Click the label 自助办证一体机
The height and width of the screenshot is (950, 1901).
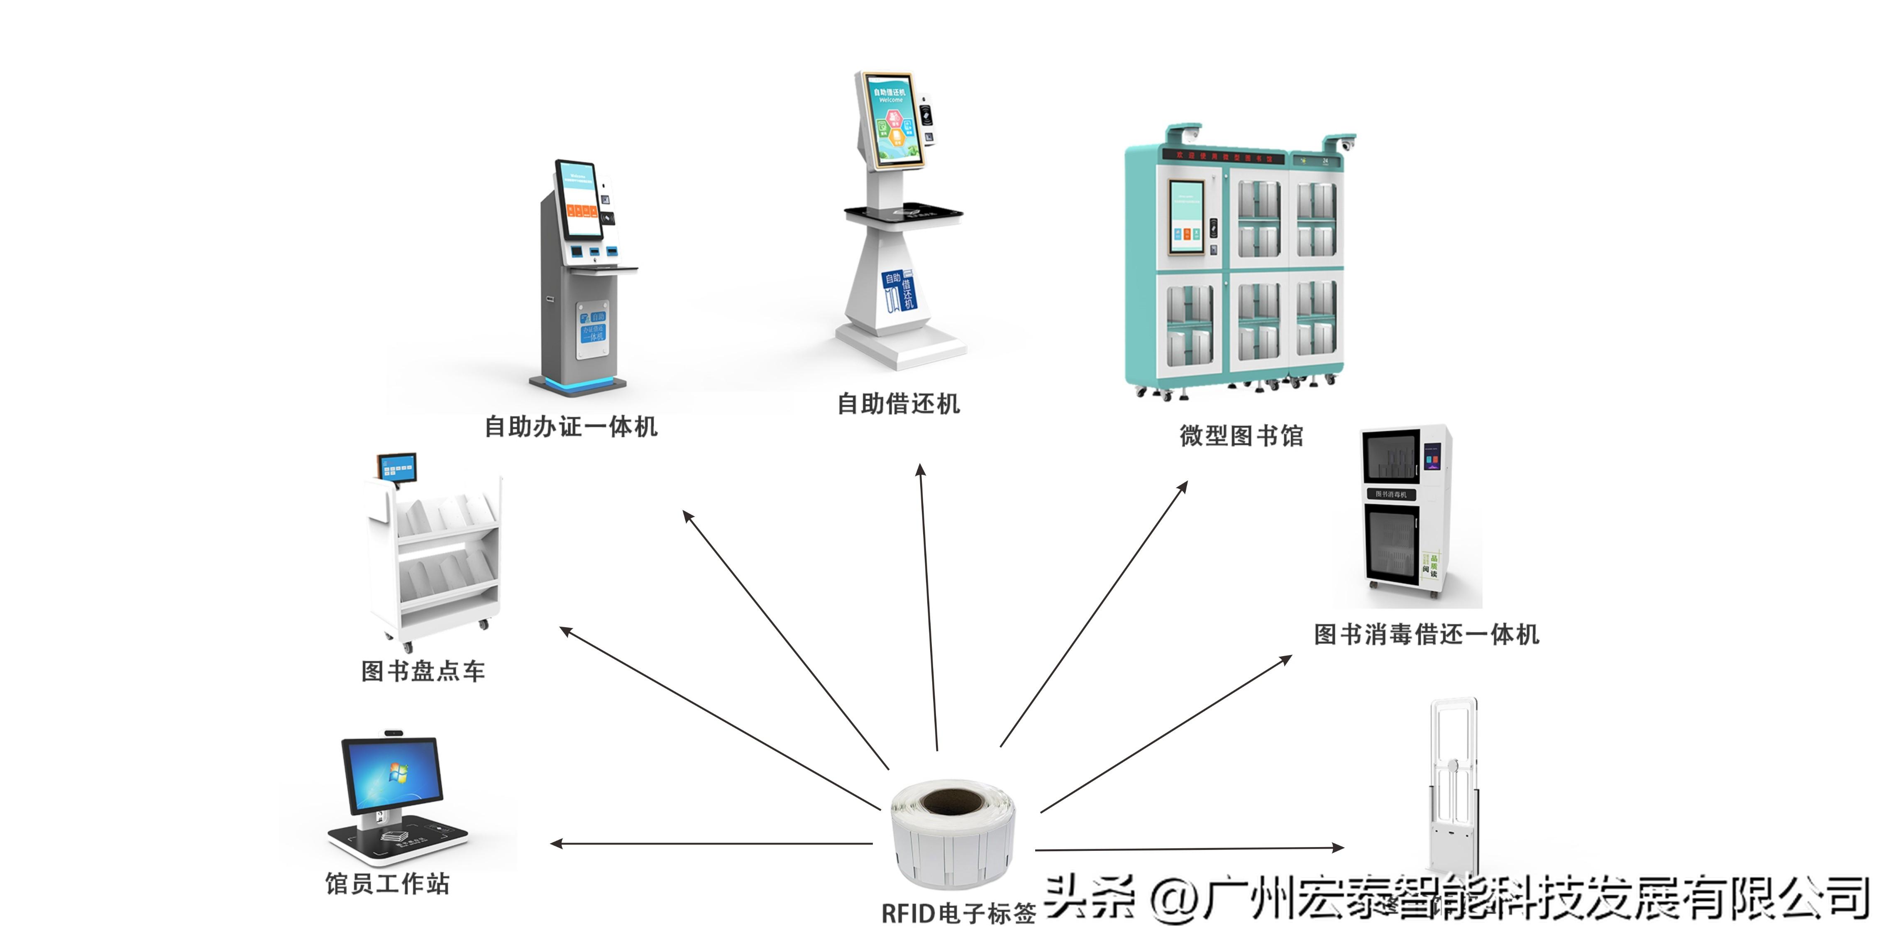click(570, 427)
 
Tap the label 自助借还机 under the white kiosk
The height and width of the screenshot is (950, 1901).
click(898, 404)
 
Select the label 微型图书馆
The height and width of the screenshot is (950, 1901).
click(1241, 435)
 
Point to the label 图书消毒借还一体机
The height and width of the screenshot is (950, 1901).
click(1427, 634)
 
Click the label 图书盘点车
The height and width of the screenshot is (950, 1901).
click(423, 671)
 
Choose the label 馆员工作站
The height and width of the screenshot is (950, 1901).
click(387, 883)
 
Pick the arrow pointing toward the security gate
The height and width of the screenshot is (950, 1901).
click(1188, 849)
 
